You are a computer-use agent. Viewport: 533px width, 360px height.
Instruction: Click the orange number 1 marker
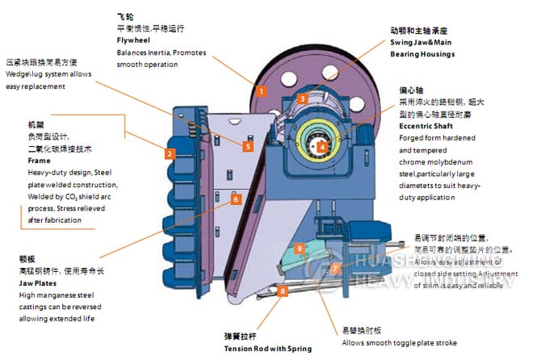(261, 91)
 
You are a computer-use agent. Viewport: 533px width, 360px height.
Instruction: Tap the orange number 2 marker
(170, 153)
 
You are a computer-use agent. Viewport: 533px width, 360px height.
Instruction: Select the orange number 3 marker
(300, 98)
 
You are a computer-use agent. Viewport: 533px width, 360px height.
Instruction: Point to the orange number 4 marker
(321, 146)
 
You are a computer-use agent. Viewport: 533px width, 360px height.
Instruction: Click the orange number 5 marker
(248, 146)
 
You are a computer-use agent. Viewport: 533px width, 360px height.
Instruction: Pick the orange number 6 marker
(235, 199)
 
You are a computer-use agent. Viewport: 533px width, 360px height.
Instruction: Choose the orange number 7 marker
(335, 267)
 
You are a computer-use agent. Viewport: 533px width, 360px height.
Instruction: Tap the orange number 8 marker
(282, 291)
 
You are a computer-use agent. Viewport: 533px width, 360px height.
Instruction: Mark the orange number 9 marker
(299, 248)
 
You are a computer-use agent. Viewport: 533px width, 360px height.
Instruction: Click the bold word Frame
(39, 161)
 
